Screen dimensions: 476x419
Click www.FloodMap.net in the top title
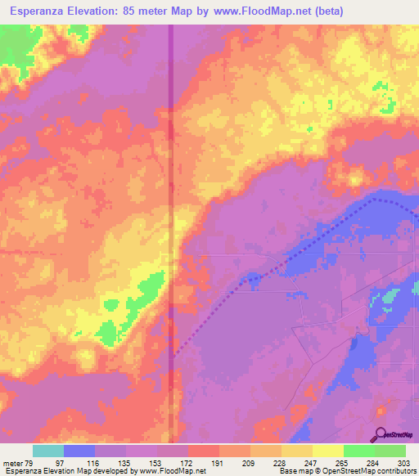click(257, 11)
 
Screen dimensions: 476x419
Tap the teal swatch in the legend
click(48, 451)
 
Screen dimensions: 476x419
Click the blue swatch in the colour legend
click(79, 451)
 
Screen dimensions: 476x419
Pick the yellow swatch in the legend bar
click(327, 451)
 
